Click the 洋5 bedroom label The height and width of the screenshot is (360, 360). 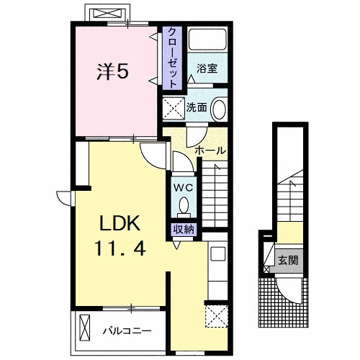pos(112,71)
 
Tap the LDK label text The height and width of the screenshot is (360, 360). pos(120,223)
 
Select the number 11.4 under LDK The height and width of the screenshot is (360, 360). pos(120,248)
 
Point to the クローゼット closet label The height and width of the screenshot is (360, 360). pos(172,58)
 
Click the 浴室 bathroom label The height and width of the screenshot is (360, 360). pos(207,68)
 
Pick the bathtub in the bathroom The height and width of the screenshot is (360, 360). pos(207,40)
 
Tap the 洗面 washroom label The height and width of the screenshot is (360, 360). pos(197,107)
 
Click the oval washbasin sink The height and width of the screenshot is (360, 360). pos(219,109)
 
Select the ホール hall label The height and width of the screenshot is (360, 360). pos(210,150)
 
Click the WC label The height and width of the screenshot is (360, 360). pos(184,188)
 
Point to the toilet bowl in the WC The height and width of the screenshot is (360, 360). pos(184,206)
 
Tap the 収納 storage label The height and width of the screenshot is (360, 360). pos(184,230)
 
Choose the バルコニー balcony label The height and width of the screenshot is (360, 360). pos(127,331)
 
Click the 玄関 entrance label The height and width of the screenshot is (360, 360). pos(288,260)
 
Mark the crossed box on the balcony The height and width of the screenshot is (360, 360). pos(85,328)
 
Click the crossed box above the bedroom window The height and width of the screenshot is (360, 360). pos(107,13)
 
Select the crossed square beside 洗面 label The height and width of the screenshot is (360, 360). pos(174,108)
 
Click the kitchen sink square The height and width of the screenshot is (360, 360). pos(217,254)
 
